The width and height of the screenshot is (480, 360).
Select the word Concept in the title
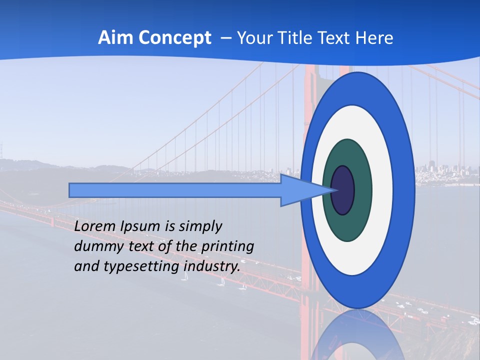174,38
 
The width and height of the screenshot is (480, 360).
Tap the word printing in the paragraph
227,246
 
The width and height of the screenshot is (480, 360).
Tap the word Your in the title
253,38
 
